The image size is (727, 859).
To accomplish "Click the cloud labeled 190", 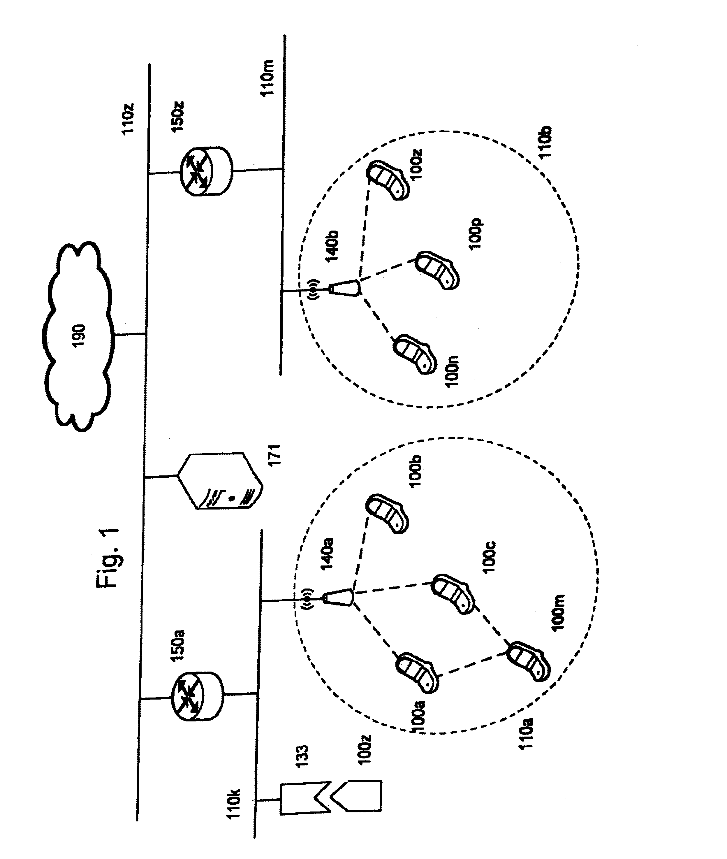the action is pyautogui.click(x=78, y=336).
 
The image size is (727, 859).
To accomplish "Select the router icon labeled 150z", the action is pyautogui.click(x=206, y=170).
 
